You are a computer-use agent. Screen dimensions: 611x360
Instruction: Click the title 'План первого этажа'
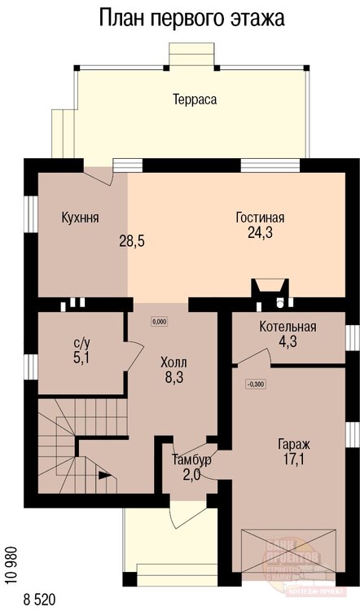click(192, 19)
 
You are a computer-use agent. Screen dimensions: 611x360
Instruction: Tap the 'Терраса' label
click(194, 99)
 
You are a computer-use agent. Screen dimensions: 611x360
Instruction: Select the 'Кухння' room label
click(81, 218)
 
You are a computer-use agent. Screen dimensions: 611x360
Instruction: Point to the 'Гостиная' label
click(260, 218)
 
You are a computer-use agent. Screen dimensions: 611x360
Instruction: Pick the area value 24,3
click(261, 233)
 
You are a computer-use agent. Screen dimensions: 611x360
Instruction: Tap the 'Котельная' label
click(288, 327)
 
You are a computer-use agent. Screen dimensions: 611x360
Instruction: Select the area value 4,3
click(288, 343)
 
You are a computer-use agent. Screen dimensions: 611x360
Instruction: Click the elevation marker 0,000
click(159, 321)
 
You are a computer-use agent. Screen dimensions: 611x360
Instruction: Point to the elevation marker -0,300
click(255, 384)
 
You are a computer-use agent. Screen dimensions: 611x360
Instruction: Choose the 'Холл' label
click(173, 363)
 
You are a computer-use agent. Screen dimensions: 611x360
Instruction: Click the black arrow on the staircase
click(103, 473)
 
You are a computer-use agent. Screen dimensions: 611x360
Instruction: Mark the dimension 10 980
click(11, 562)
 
